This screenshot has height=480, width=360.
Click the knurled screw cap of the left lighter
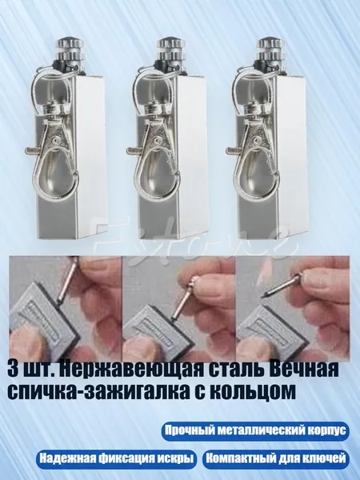(x=69, y=50)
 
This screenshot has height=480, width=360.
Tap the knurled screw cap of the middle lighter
(x=170, y=50)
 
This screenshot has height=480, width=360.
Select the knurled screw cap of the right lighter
(x=270, y=50)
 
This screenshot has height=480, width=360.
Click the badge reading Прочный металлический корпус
(x=256, y=430)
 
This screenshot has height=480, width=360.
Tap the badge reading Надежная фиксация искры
(x=116, y=458)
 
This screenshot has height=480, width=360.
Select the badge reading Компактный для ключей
(x=275, y=458)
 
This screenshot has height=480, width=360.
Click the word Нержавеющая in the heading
(x=130, y=370)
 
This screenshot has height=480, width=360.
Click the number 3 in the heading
(x=13, y=370)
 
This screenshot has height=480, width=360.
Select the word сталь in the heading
(x=232, y=370)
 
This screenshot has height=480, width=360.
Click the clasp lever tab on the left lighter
(x=32, y=150)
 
